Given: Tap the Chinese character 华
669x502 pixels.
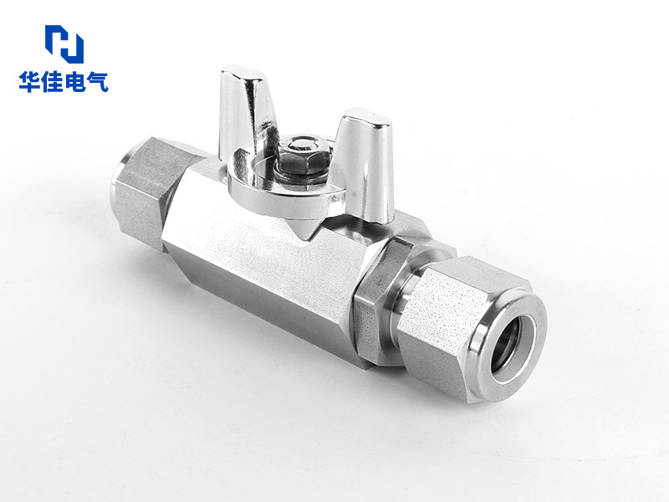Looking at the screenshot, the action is (30, 82).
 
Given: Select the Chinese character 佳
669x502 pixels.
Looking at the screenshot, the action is (53, 82).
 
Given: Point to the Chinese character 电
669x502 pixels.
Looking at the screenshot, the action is (74, 82).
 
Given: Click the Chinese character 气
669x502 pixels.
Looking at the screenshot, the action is (97, 82).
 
